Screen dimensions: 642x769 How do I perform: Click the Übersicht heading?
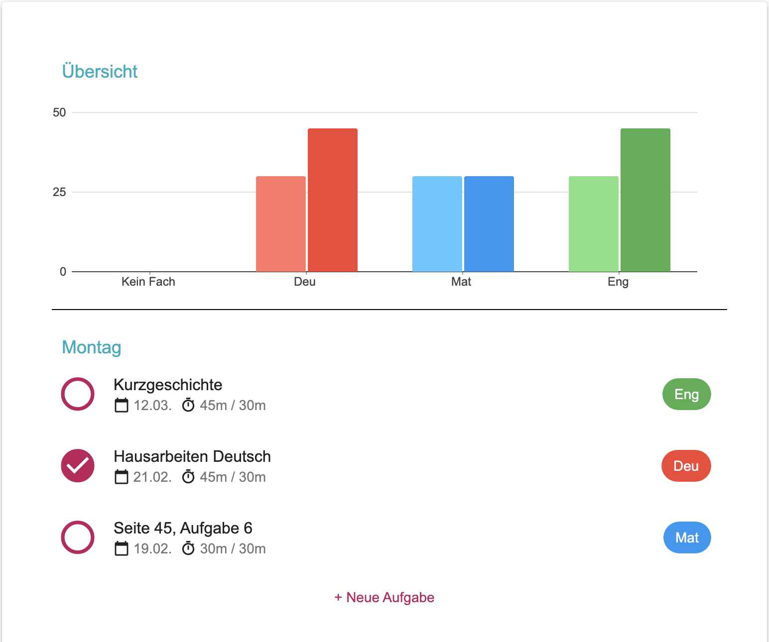(x=100, y=72)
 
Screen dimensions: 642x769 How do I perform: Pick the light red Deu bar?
(x=281, y=224)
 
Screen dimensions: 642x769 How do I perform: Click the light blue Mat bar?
(x=437, y=224)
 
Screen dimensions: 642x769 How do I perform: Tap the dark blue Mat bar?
(x=489, y=224)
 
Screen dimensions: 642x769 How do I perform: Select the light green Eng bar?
(x=594, y=224)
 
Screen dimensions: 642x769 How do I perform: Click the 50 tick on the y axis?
(x=59, y=112)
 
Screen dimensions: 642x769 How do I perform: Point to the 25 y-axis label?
(x=59, y=192)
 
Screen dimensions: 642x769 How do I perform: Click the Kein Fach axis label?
(x=148, y=282)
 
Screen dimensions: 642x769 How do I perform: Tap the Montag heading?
(x=92, y=347)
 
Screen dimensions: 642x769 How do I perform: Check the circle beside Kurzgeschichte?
(x=78, y=394)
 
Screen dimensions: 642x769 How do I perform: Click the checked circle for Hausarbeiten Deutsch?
(x=78, y=466)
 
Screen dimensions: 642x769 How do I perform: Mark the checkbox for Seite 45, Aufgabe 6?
(x=78, y=537)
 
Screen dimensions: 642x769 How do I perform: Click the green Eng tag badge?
(x=686, y=394)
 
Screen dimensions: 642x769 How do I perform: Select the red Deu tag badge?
(x=686, y=466)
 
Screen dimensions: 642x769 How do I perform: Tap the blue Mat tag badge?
(x=687, y=537)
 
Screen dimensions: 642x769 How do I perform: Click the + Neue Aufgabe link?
(x=384, y=597)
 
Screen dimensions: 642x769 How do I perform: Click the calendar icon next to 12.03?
(x=122, y=405)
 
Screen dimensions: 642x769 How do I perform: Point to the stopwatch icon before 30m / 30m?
(x=188, y=548)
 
